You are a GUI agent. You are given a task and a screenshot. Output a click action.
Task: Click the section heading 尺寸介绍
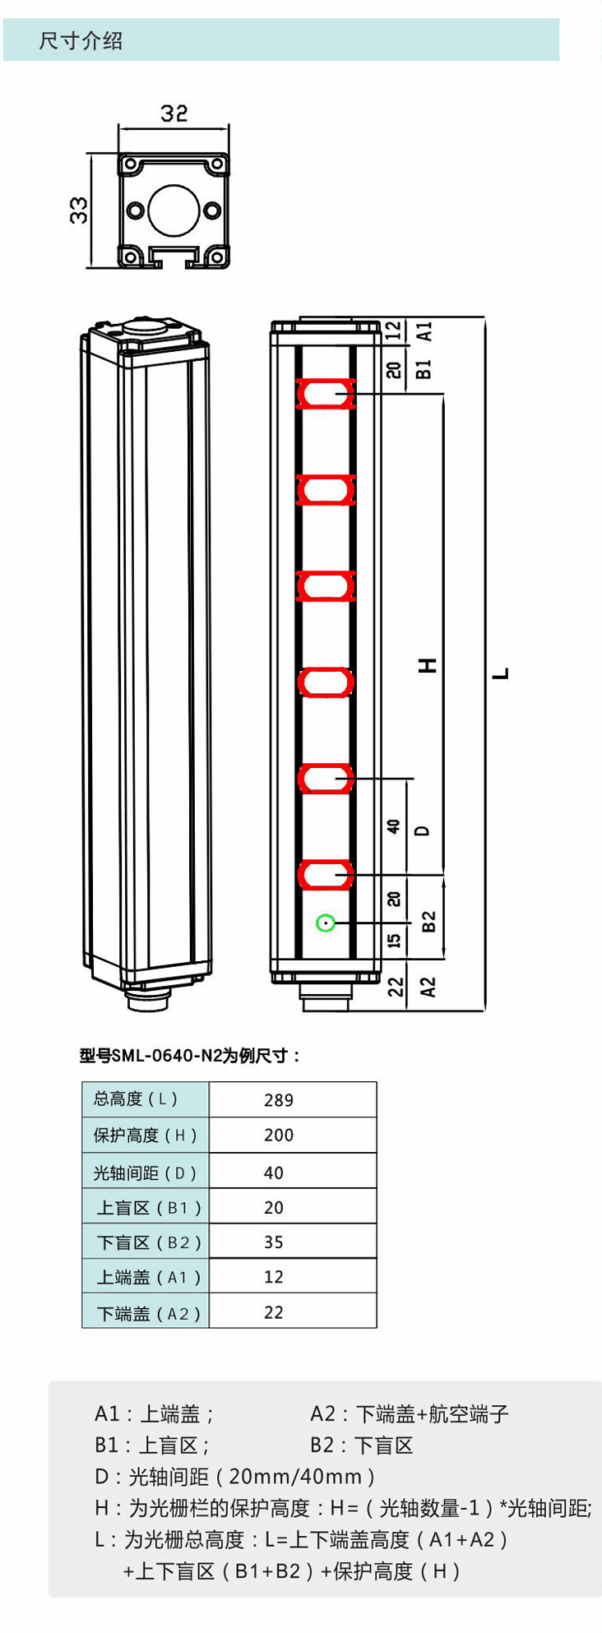tap(81, 41)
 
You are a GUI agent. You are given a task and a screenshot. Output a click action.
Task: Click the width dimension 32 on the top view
tap(174, 113)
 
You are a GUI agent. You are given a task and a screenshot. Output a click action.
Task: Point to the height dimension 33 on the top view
tap(78, 210)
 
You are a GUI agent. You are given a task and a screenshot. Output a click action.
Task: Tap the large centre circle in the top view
tap(174, 210)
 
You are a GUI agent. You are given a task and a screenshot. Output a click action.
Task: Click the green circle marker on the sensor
tap(326, 923)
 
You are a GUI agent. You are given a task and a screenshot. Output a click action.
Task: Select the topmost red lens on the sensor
tap(326, 395)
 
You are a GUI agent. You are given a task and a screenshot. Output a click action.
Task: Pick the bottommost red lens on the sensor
tap(326, 875)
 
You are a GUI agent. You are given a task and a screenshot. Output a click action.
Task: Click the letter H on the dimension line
tap(428, 665)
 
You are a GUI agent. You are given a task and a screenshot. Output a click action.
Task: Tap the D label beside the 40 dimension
tap(423, 830)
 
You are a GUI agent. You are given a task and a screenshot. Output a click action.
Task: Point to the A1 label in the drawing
tap(424, 331)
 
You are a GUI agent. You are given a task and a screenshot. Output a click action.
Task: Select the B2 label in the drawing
tap(428, 922)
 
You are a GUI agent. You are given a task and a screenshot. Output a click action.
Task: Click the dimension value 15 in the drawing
tap(395, 939)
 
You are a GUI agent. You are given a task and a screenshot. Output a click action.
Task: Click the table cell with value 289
tap(279, 1100)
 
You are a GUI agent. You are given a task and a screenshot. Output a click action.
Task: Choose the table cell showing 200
tap(279, 1136)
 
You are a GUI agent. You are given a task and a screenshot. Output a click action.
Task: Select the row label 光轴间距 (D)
tap(146, 1173)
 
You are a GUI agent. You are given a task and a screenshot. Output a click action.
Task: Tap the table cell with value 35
tap(274, 1242)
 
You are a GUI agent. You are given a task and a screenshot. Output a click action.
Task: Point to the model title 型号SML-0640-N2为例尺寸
tap(190, 1056)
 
